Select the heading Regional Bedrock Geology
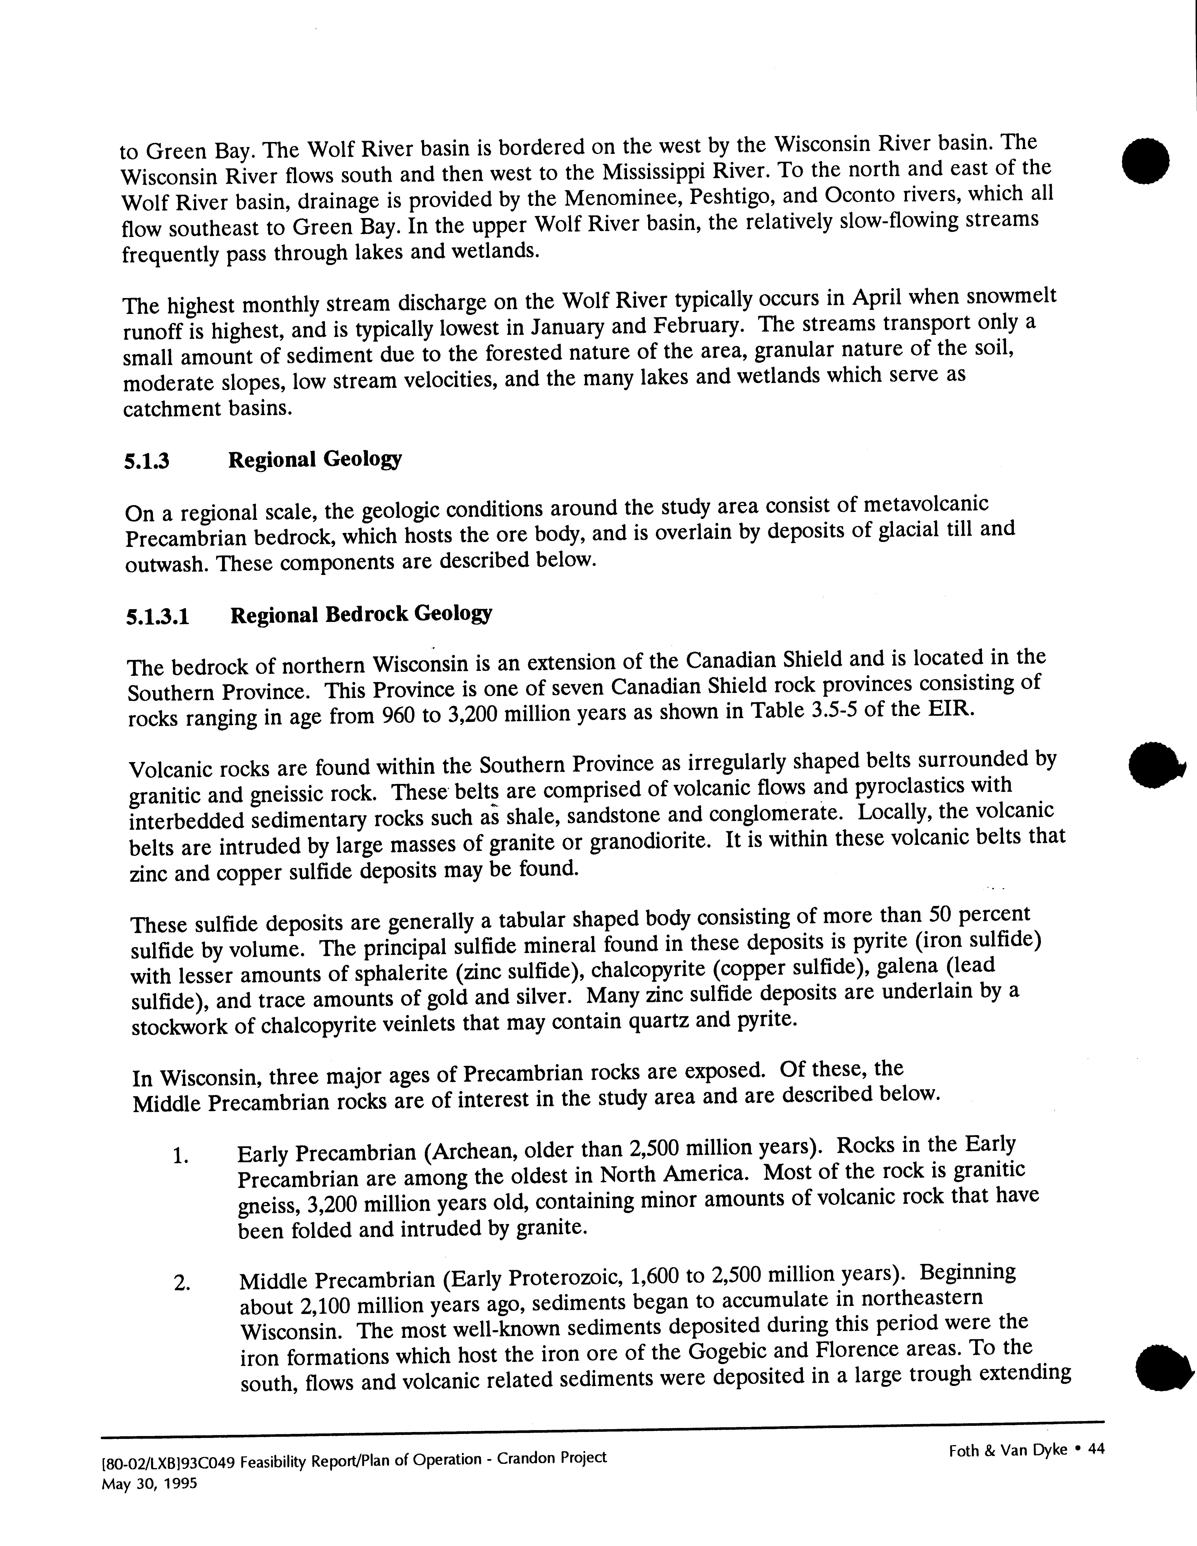coord(361,614)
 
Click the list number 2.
coord(181,1283)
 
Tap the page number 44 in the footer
coord(1096,1449)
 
